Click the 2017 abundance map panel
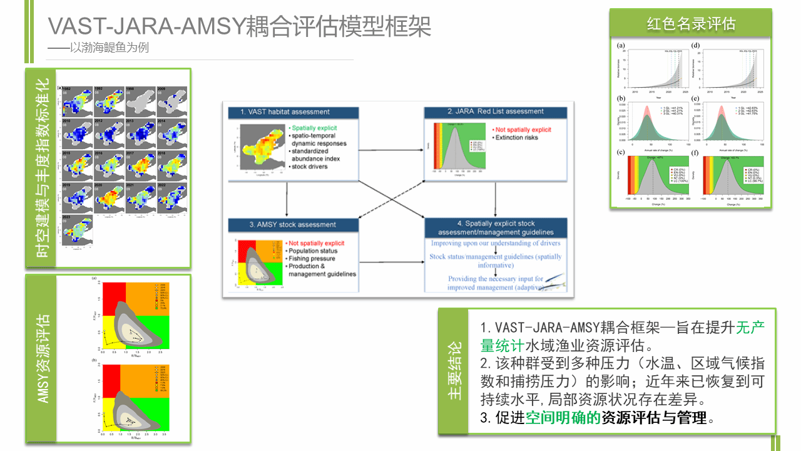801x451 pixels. [140, 164]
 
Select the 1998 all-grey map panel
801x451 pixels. [140, 100]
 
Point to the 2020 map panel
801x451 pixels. [109, 197]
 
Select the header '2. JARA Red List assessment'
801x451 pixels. [504, 112]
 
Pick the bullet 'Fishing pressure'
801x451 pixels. [311, 259]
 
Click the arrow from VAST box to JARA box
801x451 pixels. [400, 150]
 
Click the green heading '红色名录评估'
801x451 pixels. [690, 24]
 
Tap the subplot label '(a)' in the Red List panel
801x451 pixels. [621, 45]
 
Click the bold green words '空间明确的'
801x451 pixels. [563, 418]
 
